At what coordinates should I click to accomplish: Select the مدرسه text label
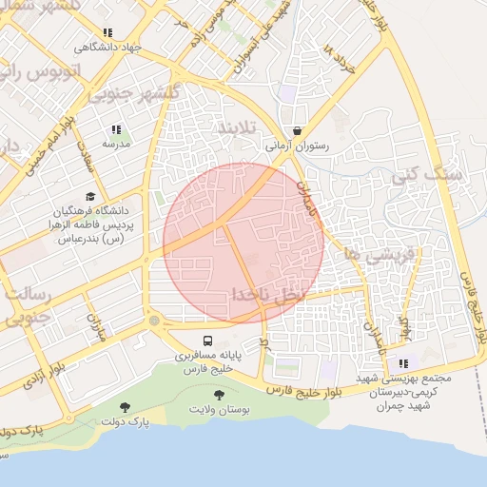point(116,144)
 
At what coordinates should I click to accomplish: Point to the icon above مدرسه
point(116,129)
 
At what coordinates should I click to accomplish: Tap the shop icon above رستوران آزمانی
point(298,131)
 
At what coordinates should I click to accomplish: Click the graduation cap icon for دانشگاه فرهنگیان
point(89,196)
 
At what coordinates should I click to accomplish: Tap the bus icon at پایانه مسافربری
point(207,340)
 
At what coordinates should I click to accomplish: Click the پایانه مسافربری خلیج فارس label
point(207,360)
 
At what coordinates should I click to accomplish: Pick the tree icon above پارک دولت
point(124,407)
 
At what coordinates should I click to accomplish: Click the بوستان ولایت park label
point(220,409)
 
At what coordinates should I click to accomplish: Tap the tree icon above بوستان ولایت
point(220,394)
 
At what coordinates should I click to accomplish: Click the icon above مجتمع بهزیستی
point(406,363)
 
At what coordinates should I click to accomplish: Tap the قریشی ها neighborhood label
point(353,253)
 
